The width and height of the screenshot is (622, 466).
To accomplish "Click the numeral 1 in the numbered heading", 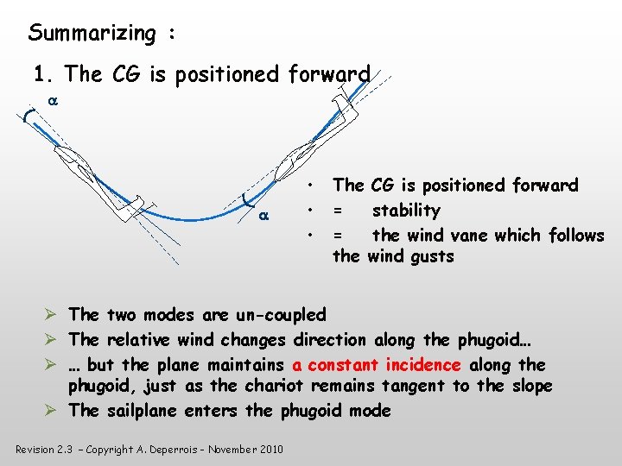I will [x=39, y=74].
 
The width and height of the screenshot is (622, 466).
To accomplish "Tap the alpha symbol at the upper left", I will [x=52, y=101].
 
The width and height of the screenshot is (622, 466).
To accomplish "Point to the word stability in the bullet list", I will [x=406, y=211].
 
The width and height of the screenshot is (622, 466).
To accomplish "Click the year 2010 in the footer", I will [x=271, y=450].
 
